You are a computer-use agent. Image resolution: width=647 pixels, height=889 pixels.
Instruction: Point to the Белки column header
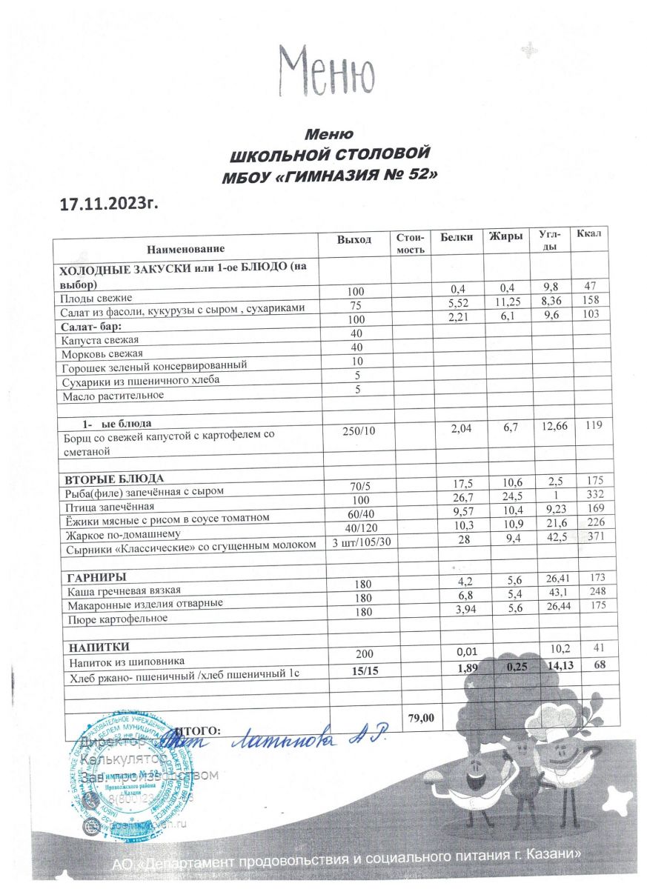[x=456, y=238]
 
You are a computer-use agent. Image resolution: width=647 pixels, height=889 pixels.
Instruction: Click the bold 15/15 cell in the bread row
[x=359, y=670]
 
